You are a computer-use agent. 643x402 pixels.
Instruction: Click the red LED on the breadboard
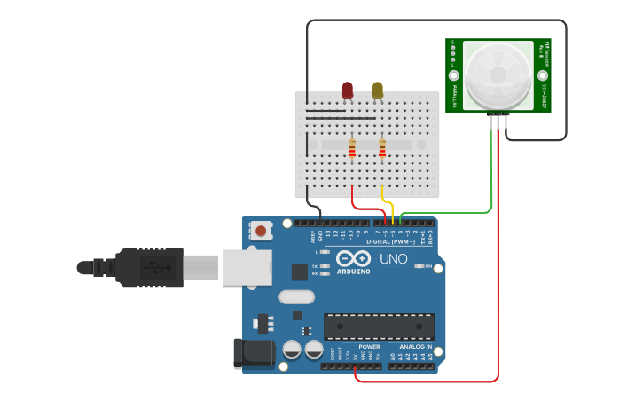[x=348, y=90]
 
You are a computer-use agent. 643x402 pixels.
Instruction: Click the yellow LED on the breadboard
[x=378, y=90]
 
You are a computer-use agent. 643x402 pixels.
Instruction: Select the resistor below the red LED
[x=352, y=148]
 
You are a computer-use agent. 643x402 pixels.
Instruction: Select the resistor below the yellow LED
[x=382, y=148]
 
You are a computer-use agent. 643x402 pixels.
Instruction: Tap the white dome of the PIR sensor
[x=498, y=76]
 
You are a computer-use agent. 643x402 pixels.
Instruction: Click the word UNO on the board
[x=393, y=259]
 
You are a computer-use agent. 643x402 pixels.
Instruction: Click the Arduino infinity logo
[x=353, y=258]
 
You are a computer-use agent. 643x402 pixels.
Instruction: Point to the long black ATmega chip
[x=379, y=327]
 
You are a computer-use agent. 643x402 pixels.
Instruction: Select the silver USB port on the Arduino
[x=247, y=266]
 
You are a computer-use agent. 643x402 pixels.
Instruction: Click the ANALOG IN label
[x=412, y=347]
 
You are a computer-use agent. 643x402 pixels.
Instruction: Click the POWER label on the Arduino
[x=369, y=347]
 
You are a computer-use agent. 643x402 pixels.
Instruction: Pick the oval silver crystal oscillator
[x=296, y=297]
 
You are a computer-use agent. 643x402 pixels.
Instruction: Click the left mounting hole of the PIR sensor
[x=454, y=76]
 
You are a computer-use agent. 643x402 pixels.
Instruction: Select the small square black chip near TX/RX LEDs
[x=300, y=272]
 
